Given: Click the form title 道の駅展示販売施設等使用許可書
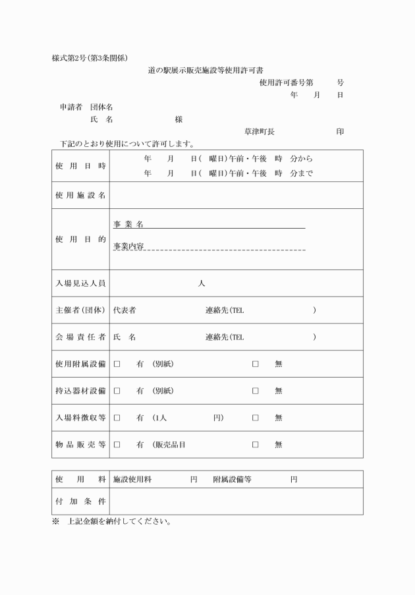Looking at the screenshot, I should (206, 69).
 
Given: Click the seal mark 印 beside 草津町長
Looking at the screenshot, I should (340, 131).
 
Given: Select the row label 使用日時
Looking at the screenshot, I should (80, 166).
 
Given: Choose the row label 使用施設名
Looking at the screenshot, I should (80, 196).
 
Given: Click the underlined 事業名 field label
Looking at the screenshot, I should (128, 225).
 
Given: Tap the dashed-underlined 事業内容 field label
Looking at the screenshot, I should (128, 246).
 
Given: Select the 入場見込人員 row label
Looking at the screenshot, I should (80, 283).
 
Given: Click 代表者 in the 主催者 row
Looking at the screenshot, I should (124, 310).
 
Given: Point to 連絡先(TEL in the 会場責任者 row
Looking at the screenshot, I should (225, 337).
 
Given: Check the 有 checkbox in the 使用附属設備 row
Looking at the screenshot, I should (117, 364).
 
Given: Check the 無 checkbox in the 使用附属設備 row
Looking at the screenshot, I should (255, 364).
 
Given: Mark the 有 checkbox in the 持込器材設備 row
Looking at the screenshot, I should (117, 391).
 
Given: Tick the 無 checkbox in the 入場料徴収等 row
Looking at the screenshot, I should (255, 418).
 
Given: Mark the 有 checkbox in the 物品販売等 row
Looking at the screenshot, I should (117, 445).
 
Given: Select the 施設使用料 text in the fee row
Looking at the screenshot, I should (132, 480).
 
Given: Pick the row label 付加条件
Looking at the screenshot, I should (80, 501).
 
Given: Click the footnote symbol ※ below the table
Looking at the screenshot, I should (56, 522).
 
